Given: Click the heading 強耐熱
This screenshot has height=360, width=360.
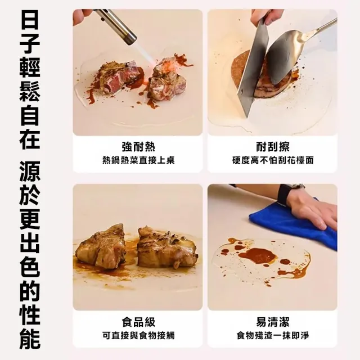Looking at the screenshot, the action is click(x=138, y=147).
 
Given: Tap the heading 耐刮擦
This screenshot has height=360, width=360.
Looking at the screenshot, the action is click(x=273, y=147).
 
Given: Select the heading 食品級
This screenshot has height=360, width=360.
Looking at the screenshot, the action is click(x=138, y=322).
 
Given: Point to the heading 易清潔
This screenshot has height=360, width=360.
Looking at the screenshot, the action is click(x=273, y=322).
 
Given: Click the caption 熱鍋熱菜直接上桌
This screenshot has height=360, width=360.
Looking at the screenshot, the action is click(x=138, y=160).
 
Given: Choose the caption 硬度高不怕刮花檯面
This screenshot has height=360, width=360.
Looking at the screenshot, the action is click(x=273, y=160).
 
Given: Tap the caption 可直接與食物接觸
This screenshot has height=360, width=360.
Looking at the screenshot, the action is click(x=138, y=335).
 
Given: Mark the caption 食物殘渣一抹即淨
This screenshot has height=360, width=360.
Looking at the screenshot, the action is click(x=273, y=335).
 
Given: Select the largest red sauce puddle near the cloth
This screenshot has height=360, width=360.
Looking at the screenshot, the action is click(x=256, y=255).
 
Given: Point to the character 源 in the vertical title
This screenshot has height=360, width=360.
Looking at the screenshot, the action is click(x=30, y=172).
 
